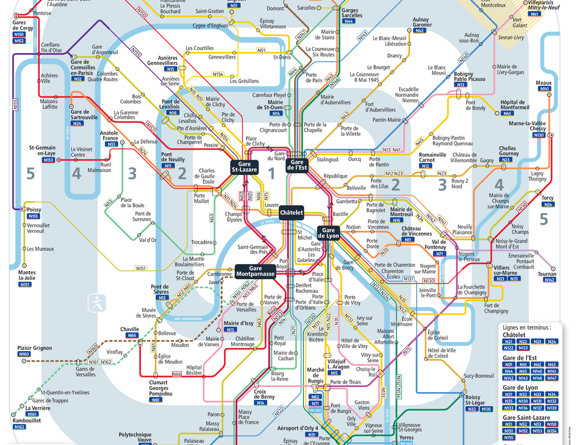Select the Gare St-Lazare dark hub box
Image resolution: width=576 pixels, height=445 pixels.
click(x=244, y=167)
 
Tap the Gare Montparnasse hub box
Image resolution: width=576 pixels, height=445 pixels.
click(x=255, y=271)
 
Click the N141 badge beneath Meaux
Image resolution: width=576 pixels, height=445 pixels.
click(x=544, y=89)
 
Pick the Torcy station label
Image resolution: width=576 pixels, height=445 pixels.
click(x=547, y=198)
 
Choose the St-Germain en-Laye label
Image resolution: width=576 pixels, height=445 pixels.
click(x=42, y=151)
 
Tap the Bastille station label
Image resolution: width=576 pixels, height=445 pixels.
click(x=340, y=215)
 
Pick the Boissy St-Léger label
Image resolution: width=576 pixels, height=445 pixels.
click(x=476, y=400)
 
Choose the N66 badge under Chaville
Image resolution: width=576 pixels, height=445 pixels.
click(x=132, y=336)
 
